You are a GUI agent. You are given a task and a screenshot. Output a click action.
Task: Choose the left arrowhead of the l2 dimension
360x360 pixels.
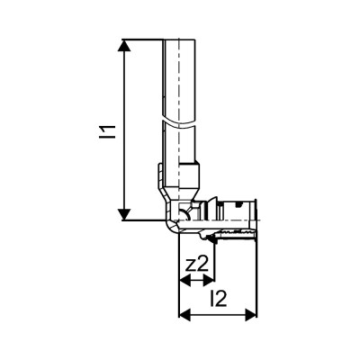pyautogui.click(x=184, y=315)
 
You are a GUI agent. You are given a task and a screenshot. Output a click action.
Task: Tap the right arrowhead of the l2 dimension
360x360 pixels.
pyautogui.click(x=249, y=315)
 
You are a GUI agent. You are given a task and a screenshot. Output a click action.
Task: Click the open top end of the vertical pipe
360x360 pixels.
pyautogui.click(x=180, y=40)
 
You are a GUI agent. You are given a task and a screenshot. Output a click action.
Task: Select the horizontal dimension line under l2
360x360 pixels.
pyautogui.click(x=217, y=315)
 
